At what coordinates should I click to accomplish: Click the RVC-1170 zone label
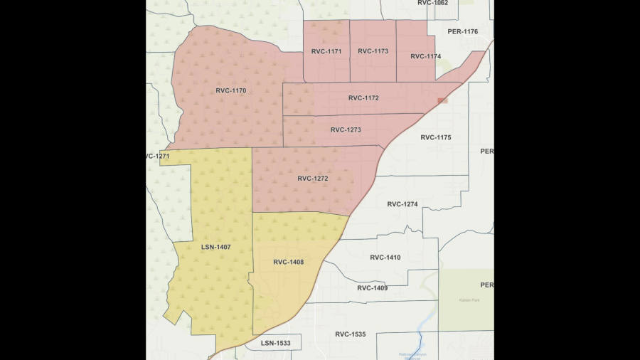coord(231,91)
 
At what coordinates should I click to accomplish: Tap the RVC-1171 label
coord(326,51)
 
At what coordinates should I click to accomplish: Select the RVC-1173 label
coord(373,51)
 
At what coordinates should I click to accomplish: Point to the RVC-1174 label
coord(425,56)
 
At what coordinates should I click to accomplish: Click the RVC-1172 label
coord(363,98)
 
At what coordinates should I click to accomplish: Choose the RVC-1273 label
coord(346,130)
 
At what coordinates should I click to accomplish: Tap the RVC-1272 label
coord(313,179)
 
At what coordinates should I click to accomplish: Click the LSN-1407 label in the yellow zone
coord(215,247)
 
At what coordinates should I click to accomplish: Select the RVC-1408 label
coord(288,262)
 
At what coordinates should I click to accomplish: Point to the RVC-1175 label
coord(436,137)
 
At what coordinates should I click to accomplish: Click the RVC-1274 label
coord(402,204)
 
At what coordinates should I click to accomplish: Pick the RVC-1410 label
coord(385,258)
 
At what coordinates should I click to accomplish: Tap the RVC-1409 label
coord(373,288)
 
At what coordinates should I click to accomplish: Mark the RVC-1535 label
coord(351,334)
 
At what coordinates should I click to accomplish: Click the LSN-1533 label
coord(275,344)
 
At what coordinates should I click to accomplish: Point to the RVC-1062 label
coord(433,3)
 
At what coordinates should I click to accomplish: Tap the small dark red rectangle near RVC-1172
coord(442,101)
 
